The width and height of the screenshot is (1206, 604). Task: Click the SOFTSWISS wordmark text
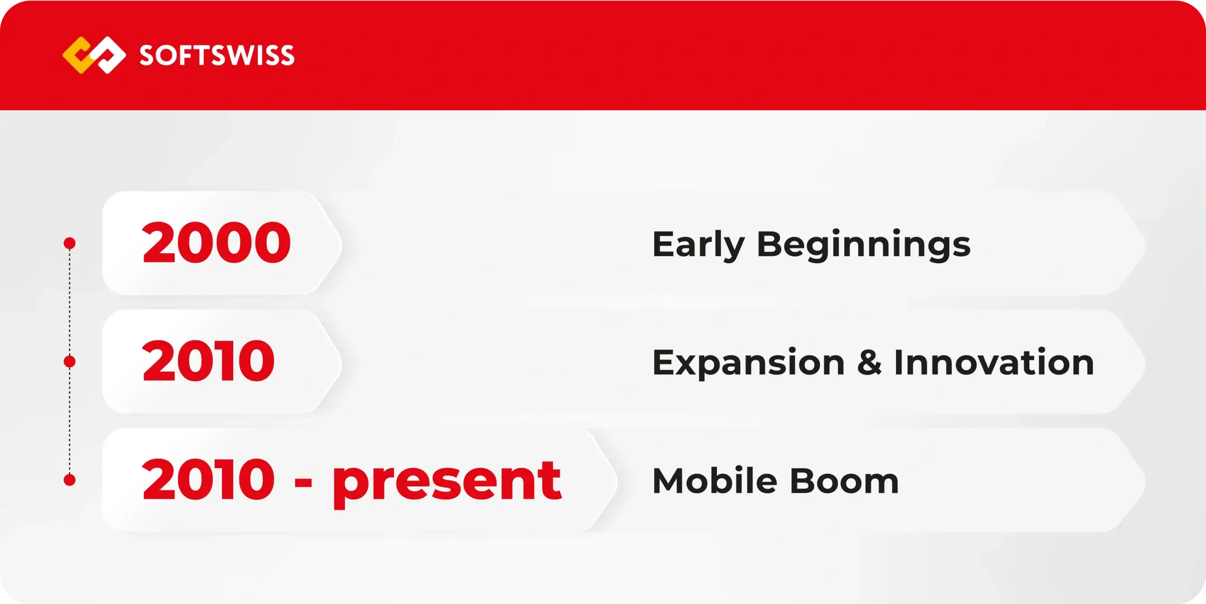[217, 55]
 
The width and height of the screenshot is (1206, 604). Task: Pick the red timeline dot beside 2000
[70, 243]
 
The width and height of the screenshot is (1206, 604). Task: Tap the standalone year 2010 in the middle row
[208, 361]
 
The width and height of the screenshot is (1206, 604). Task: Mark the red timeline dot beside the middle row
[70, 362]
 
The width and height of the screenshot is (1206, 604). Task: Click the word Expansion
[749, 363]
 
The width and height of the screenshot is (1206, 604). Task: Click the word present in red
[447, 483]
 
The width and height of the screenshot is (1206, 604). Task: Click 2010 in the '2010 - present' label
[208, 479]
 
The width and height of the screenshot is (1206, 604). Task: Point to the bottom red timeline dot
[70, 480]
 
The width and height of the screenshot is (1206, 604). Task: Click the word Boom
[845, 481]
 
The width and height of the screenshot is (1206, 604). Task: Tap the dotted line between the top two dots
[70, 302]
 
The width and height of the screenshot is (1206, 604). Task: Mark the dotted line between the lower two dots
[70, 421]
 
